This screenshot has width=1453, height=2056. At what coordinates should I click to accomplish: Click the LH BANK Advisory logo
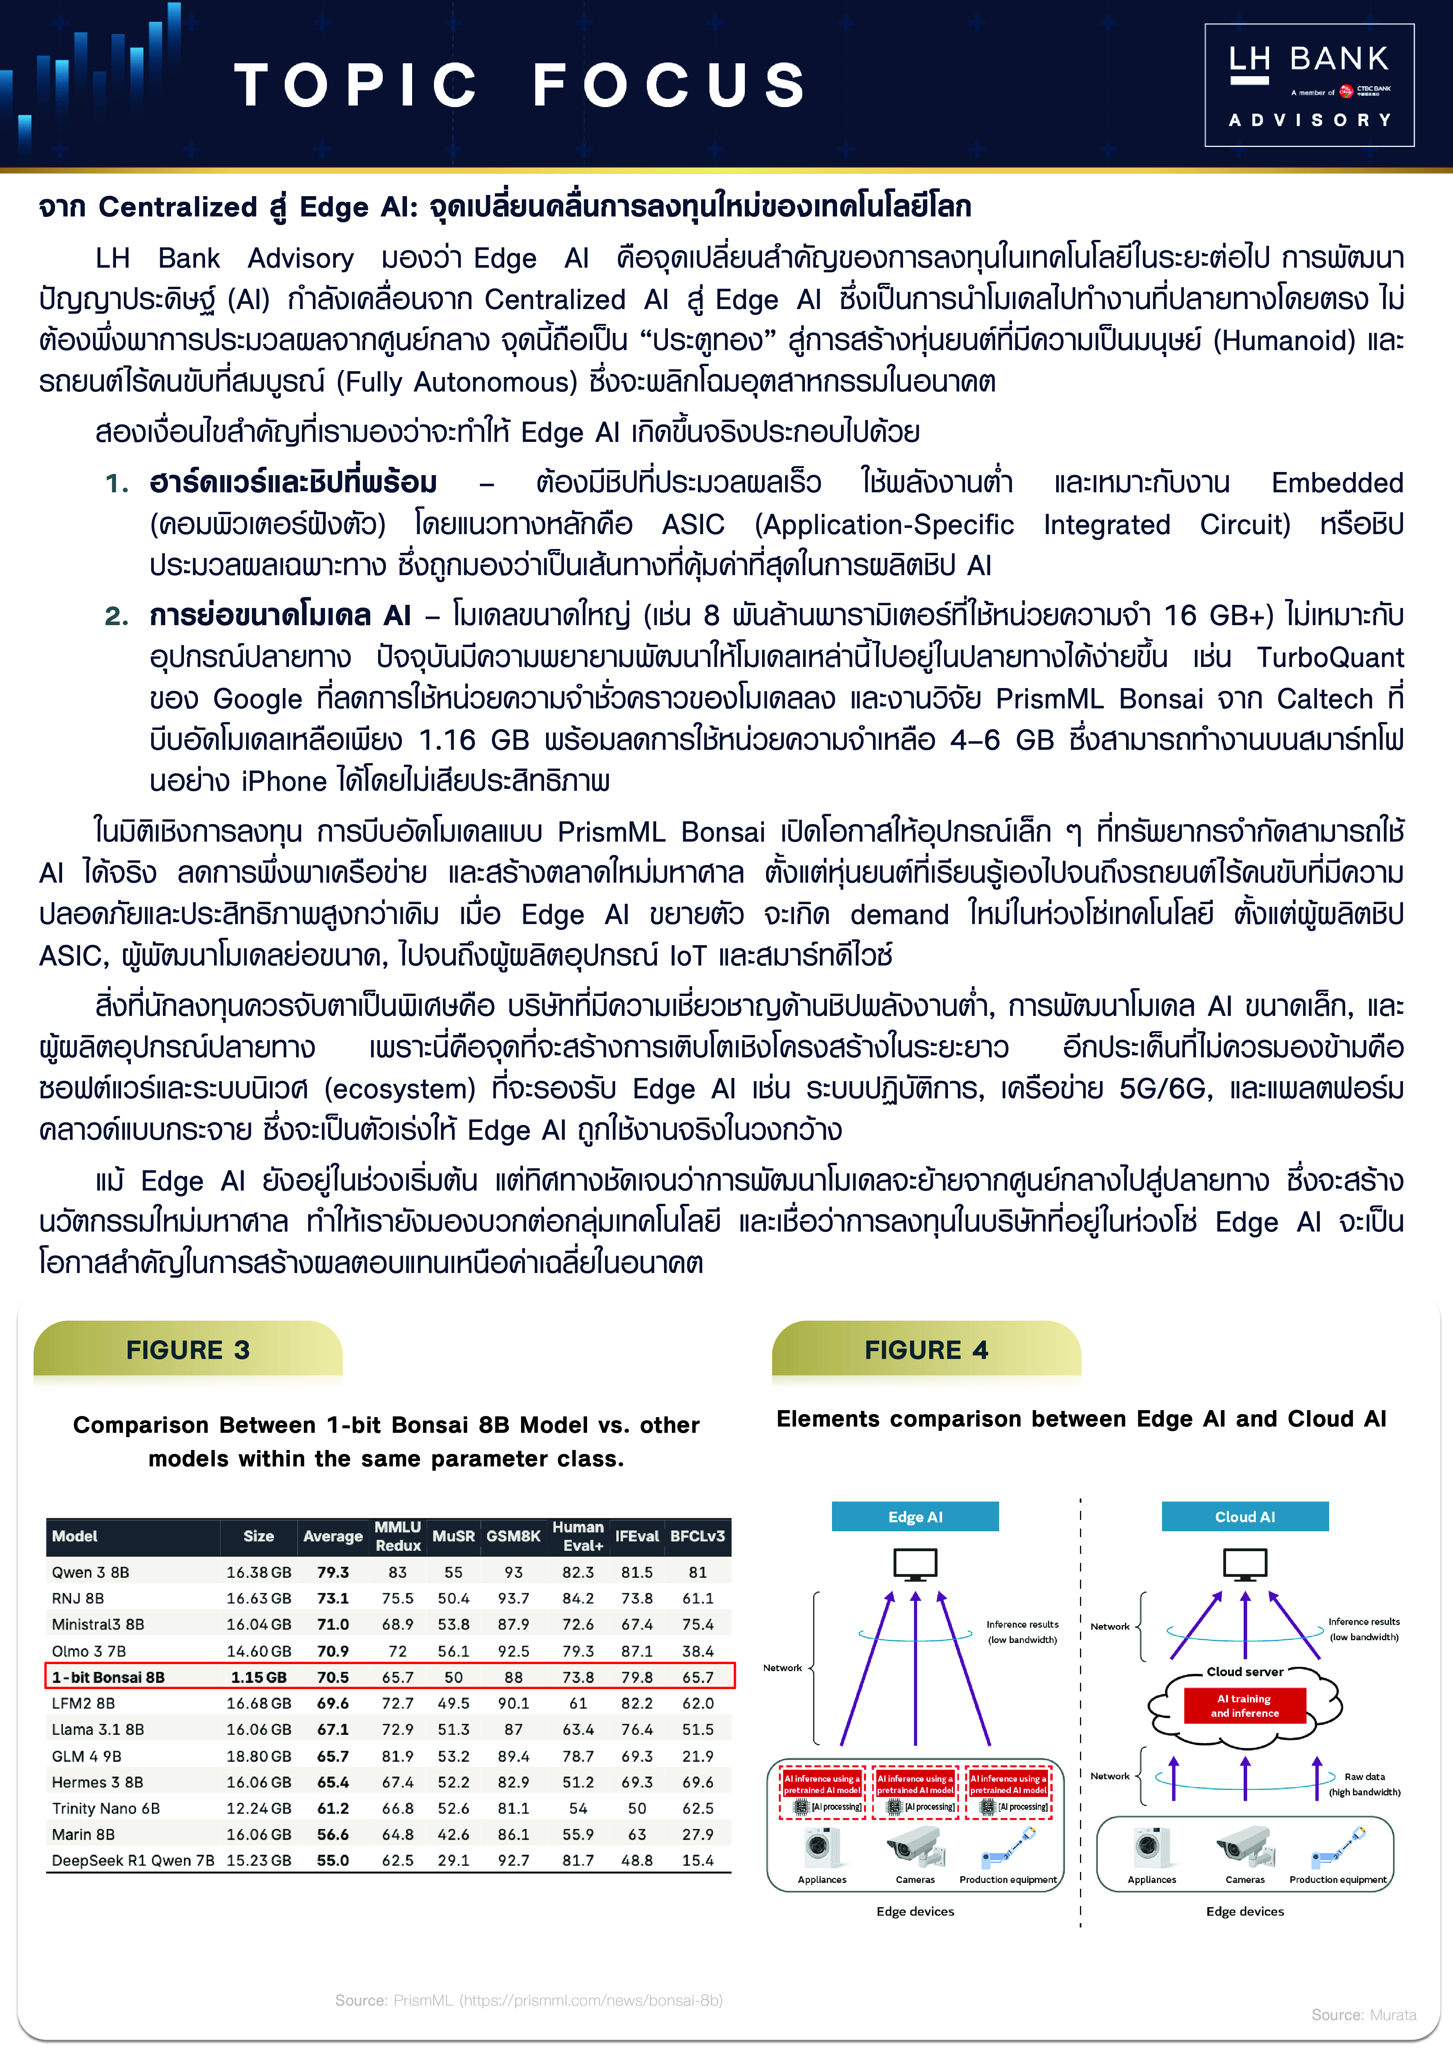1309,85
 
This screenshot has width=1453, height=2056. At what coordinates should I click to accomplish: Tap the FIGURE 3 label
188,1350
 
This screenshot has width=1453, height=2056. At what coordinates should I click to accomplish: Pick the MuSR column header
453,1536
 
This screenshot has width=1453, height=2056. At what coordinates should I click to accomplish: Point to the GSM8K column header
513,1536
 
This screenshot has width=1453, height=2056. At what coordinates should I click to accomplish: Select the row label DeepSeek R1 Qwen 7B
132,1860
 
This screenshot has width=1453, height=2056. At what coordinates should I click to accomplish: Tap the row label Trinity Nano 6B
105,1808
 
